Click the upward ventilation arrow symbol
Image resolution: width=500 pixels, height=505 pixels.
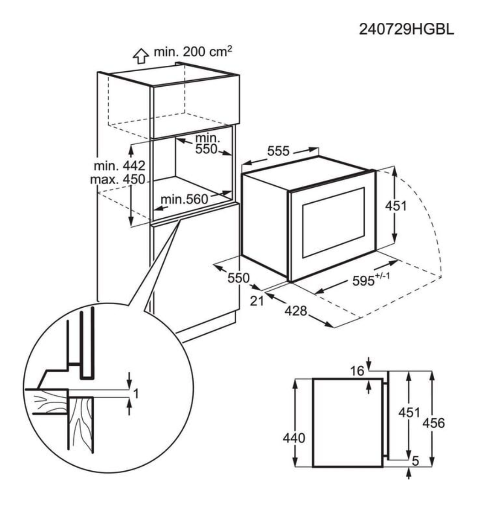[x=140, y=55]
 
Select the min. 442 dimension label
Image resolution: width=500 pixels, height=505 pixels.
[x=120, y=165]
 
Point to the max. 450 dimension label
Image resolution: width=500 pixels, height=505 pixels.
[x=117, y=179]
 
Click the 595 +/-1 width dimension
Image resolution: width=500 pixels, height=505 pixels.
[x=371, y=280]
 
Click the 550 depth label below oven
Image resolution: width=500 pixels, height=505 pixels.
[x=239, y=278]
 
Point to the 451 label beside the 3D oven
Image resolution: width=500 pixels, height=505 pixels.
[x=395, y=206]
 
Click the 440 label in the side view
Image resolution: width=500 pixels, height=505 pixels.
[x=294, y=438]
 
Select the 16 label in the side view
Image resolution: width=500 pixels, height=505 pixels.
[x=358, y=371]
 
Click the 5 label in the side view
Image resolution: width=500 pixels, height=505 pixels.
[x=415, y=461]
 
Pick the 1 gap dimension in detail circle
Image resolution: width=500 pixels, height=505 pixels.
[x=136, y=393]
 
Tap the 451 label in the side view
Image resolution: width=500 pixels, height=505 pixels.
[x=409, y=412]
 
